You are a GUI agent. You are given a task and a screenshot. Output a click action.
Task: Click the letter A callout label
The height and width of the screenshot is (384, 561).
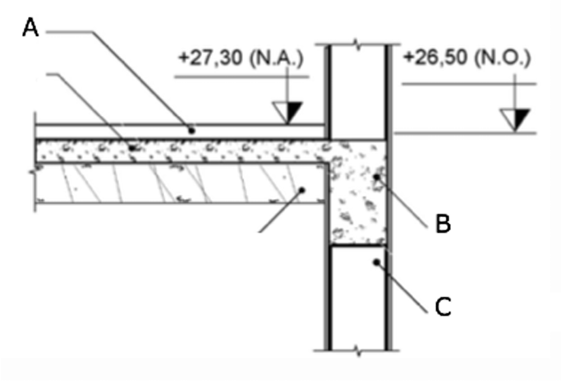click(x=30, y=28)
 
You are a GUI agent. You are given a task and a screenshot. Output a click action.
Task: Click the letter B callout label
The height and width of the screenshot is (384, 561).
click(x=443, y=223)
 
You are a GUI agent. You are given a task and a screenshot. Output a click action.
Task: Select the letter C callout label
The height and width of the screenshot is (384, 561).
click(x=443, y=307)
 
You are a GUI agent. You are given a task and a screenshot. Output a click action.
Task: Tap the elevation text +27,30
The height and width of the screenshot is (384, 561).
click(x=210, y=58)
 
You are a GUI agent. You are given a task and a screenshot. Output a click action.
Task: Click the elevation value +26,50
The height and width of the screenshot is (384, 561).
click(x=435, y=58)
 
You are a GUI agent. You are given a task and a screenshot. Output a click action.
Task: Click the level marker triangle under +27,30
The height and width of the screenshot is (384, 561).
click(x=287, y=113)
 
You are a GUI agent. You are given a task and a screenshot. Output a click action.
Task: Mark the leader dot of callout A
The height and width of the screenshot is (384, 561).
click(x=191, y=131)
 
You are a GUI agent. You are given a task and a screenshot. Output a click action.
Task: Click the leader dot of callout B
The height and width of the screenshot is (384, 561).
click(x=376, y=177)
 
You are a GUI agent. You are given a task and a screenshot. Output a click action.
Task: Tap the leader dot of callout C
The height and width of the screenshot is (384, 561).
click(x=376, y=262)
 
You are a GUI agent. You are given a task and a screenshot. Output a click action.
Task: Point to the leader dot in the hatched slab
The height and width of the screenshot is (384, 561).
click(x=302, y=190)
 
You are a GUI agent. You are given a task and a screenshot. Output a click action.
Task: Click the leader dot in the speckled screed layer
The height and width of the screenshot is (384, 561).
click(x=132, y=147)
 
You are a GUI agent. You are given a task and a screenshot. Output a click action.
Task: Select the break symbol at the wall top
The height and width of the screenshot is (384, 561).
click(x=358, y=44)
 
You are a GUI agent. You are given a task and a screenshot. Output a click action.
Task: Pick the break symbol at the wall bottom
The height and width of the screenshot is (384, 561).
click(x=358, y=350)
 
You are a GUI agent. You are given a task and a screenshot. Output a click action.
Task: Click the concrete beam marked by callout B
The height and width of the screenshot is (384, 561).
click(x=358, y=192)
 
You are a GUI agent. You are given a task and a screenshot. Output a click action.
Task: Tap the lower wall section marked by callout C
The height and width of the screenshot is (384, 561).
click(x=358, y=298)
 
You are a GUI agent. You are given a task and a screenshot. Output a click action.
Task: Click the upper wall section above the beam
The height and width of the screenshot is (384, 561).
click(x=358, y=92)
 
